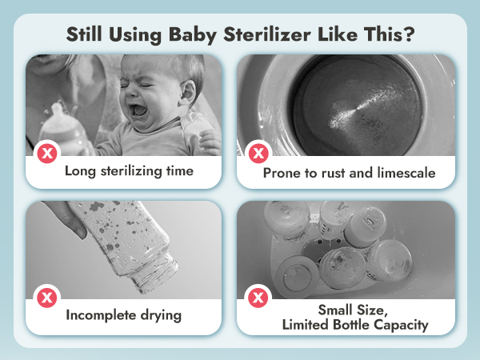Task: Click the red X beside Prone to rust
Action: [257, 152]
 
